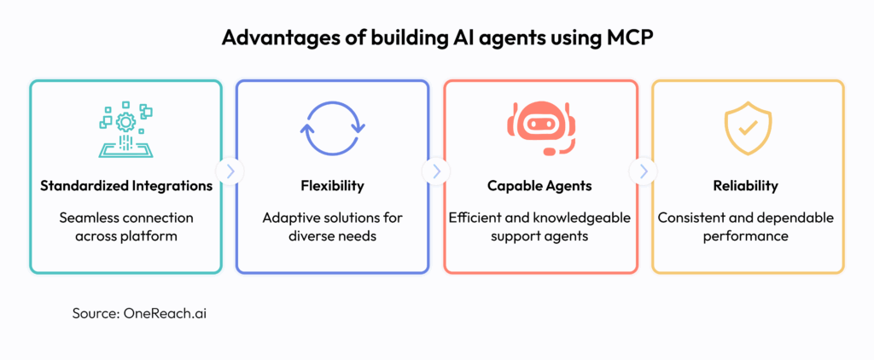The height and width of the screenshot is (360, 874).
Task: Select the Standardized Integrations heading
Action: pos(126,186)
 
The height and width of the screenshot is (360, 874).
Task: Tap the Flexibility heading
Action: pos(332,186)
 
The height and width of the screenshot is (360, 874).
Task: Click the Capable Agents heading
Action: pos(539,186)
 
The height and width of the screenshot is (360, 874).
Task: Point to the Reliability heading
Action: pos(745,186)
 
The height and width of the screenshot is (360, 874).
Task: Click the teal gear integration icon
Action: pos(125,130)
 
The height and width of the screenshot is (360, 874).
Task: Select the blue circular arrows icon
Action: pos(333,128)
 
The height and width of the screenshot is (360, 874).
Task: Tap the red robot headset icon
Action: pos(539,128)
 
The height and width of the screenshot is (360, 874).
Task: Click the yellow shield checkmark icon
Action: pos(747,129)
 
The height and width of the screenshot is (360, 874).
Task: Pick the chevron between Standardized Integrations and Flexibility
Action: pos(230,172)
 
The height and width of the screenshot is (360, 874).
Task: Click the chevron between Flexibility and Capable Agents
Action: pos(436,172)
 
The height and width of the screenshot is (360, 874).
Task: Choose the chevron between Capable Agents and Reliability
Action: pos(644,172)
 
